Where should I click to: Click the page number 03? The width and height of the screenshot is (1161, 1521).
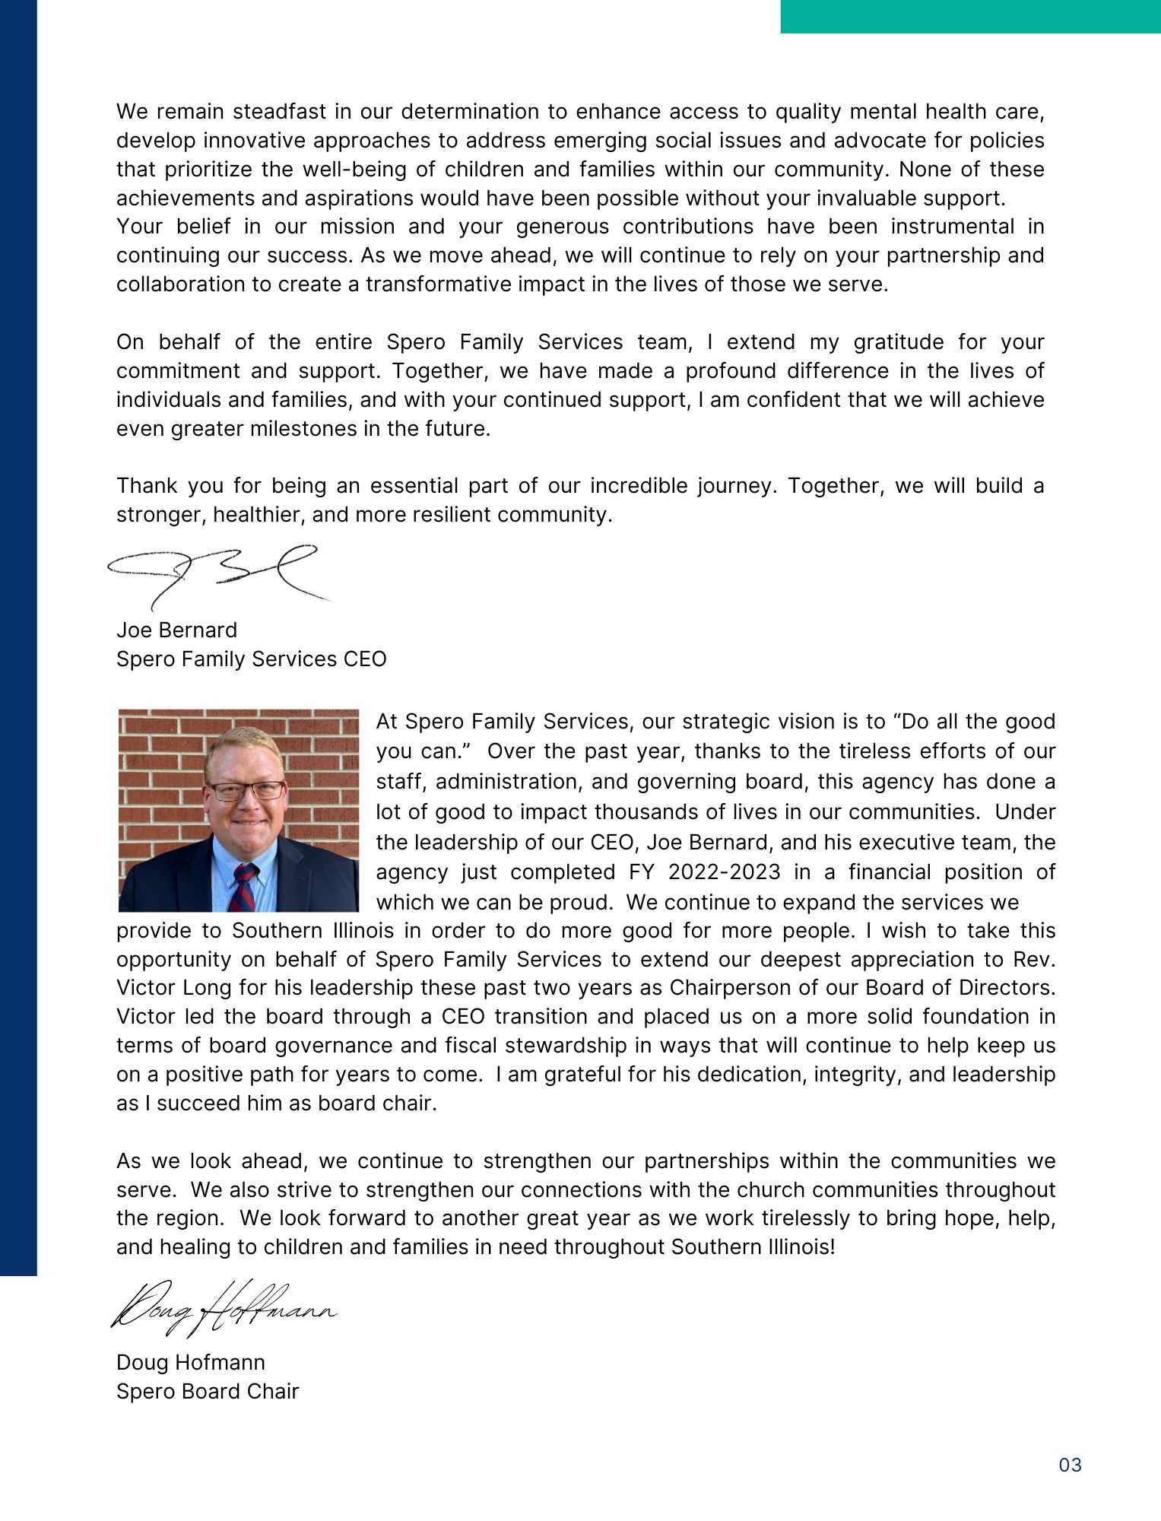[x=1070, y=1465]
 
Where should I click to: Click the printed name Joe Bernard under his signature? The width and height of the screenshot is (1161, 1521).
[x=176, y=630]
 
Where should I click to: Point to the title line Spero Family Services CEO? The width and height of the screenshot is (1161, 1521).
[x=251, y=659]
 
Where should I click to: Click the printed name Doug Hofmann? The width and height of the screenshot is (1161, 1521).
[x=190, y=1362]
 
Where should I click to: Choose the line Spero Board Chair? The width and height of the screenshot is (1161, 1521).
[x=208, y=1391]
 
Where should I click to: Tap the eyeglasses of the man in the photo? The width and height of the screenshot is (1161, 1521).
[x=246, y=790]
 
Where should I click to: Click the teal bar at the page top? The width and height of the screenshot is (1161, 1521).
[x=970, y=16]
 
